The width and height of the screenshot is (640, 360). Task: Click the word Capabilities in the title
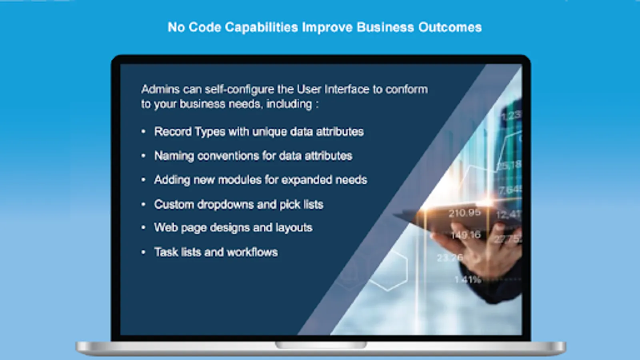(x=261, y=28)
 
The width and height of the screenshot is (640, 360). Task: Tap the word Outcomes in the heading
(x=450, y=27)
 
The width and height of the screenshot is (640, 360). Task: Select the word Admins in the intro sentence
(x=160, y=90)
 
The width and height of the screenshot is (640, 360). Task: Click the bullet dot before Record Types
(x=144, y=132)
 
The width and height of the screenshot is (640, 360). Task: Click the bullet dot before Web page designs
(x=144, y=228)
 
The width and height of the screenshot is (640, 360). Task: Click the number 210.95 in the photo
(x=464, y=213)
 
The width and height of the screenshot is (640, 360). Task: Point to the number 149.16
(x=466, y=235)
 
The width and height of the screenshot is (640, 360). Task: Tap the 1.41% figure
(x=468, y=279)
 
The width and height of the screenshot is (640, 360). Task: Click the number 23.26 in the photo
(x=450, y=258)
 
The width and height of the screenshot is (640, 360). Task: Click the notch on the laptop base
(x=320, y=345)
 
